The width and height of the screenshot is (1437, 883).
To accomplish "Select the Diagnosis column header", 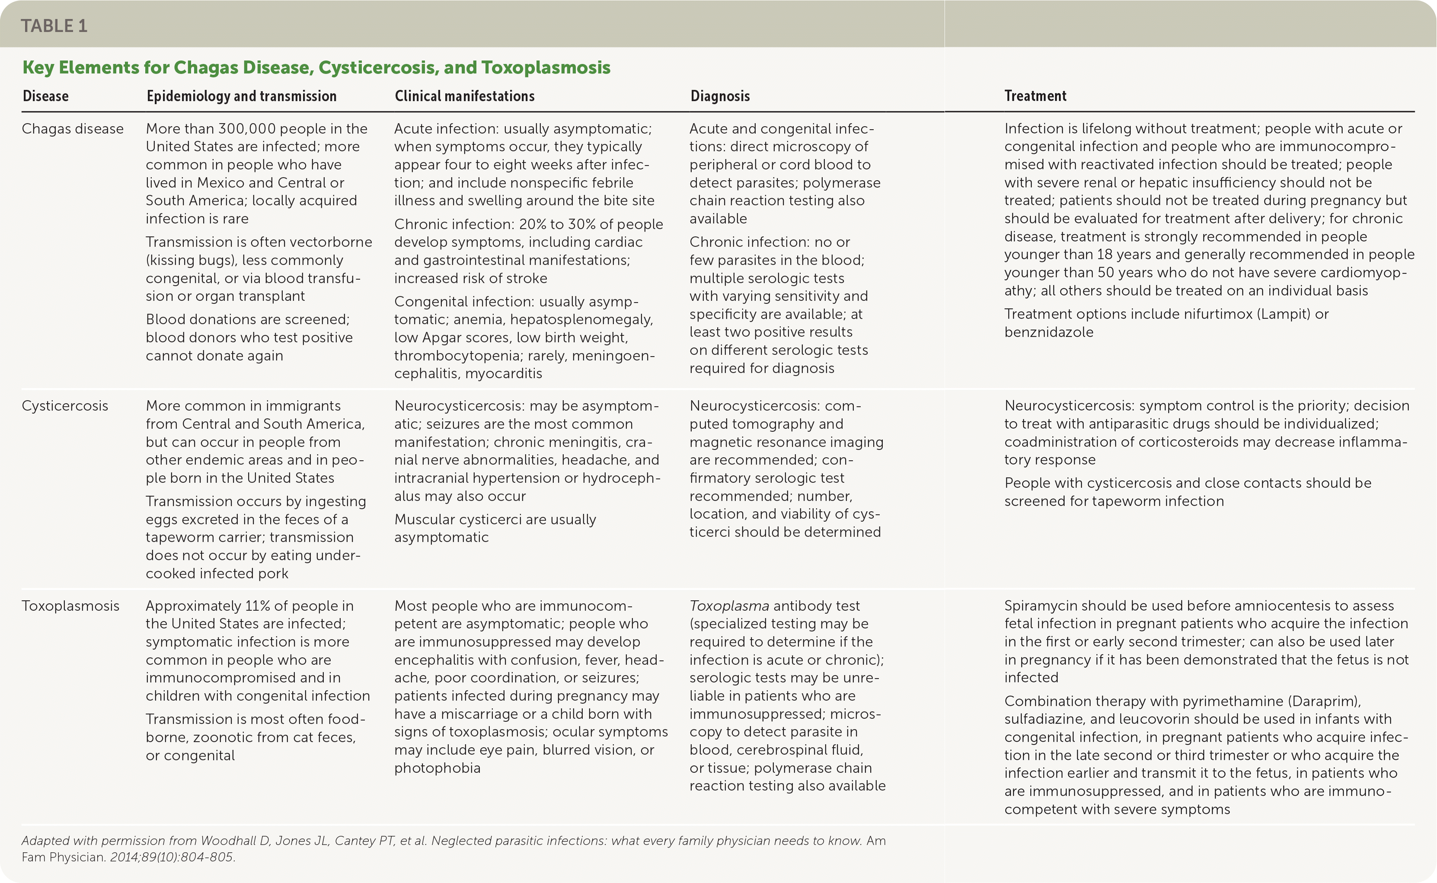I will tap(720, 96).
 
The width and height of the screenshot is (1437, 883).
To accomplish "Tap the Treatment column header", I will tap(1035, 96).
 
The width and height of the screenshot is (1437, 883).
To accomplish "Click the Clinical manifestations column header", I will tap(464, 96).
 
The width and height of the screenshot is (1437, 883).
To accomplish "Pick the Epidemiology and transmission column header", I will tap(241, 96).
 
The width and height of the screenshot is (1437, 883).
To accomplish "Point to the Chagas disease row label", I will tap(73, 128).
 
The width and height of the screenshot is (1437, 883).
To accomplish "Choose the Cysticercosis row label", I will tap(65, 406).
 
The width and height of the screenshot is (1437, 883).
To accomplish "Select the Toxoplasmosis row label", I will tap(70, 606).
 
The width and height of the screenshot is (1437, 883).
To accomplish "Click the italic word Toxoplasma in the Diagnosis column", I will tap(729, 606).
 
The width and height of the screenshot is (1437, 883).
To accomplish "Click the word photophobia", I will tap(437, 768).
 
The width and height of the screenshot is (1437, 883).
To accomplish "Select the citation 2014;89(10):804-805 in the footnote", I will tap(172, 857).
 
